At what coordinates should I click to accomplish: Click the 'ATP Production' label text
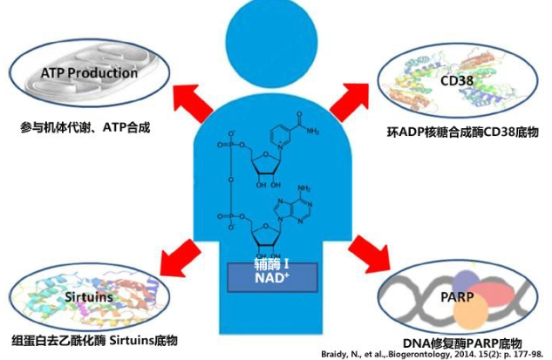pyautogui.click(x=90, y=72)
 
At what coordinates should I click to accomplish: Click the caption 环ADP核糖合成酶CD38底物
pyautogui.click(x=462, y=132)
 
